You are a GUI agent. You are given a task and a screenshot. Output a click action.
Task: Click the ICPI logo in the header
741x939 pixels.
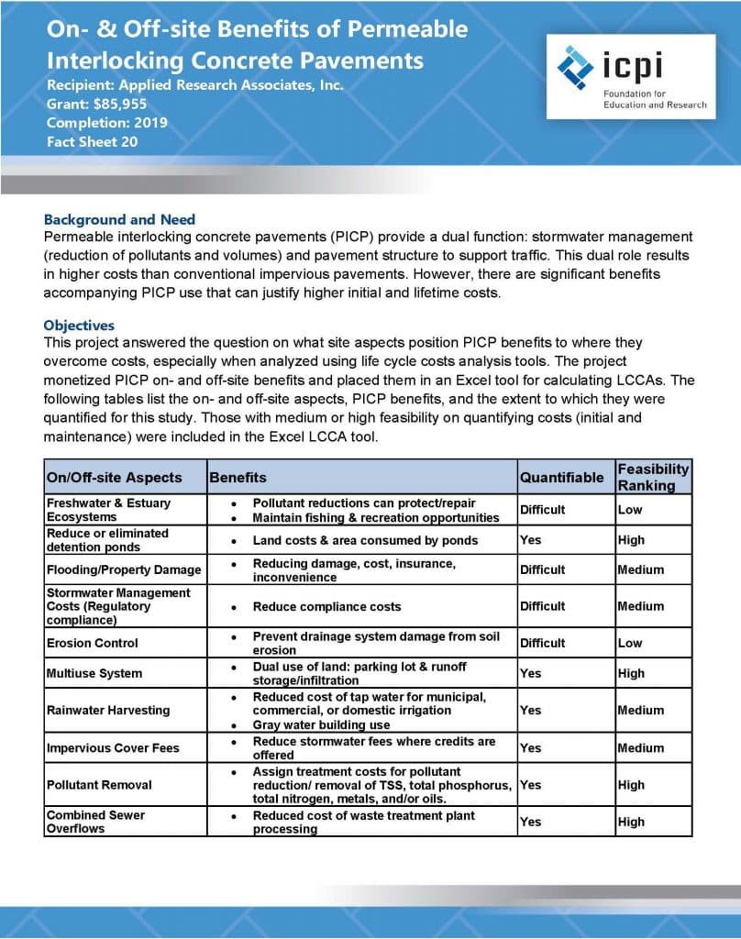[631, 77]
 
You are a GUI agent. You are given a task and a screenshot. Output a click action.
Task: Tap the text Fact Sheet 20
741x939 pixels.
[92, 141]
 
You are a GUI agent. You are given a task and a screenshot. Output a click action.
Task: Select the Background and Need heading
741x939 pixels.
[119, 220]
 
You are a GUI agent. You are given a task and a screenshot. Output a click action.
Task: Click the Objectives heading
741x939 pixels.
[79, 326]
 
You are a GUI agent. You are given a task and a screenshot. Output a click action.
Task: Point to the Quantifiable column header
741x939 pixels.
[561, 477]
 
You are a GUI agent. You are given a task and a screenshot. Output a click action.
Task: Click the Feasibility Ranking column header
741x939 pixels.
[653, 477]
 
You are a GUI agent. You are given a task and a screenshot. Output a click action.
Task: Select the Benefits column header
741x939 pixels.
[238, 477]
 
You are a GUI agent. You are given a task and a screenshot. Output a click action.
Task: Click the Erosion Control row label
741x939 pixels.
[92, 643]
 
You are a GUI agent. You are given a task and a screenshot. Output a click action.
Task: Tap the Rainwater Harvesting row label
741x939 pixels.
[107, 710]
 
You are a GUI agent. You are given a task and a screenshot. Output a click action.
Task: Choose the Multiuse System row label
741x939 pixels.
[94, 673]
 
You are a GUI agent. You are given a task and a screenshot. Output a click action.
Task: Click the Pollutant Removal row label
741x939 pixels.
[99, 785]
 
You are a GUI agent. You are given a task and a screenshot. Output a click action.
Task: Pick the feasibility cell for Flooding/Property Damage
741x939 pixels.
[640, 569]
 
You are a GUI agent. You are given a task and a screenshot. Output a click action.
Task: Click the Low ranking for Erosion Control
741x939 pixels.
[630, 643]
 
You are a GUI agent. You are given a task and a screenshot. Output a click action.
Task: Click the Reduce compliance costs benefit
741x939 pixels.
[326, 606]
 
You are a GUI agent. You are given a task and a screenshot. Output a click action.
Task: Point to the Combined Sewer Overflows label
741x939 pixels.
[95, 822]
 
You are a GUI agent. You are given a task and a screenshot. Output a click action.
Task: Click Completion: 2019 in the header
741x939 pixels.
[107, 122]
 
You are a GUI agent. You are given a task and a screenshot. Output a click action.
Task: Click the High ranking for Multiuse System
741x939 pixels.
[631, 673]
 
